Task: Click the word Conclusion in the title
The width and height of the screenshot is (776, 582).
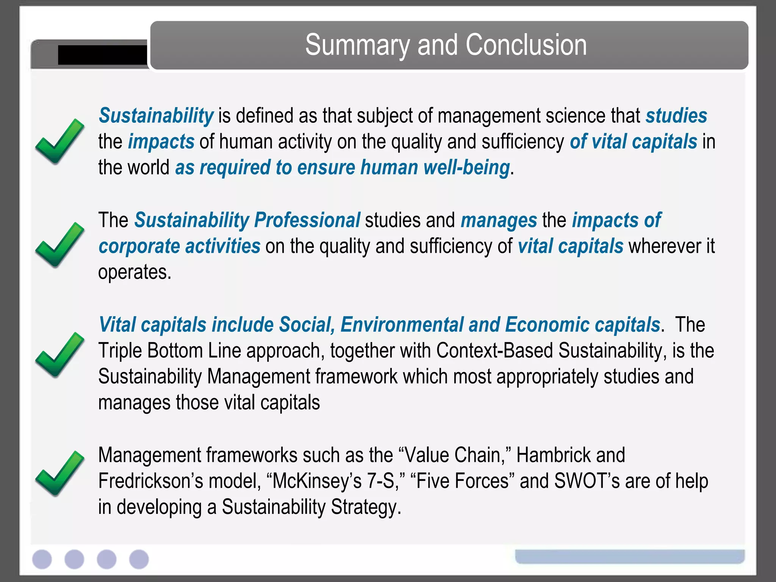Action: coord(526,45)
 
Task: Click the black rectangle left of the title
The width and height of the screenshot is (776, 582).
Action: coord(102,55)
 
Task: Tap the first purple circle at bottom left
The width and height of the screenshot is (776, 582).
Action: coord(42,559)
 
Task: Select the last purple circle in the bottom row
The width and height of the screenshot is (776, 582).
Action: coord(139,559)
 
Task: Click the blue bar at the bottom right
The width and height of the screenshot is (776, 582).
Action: coord(630,556)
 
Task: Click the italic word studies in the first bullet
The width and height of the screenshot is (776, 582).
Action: coord(676,116)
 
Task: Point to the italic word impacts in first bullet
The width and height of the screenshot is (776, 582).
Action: coord(161,142)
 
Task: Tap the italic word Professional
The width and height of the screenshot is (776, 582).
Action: coord(307,220)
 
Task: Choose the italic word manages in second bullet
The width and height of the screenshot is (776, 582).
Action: coord(499,221)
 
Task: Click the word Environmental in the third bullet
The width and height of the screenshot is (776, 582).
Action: coord(402,325)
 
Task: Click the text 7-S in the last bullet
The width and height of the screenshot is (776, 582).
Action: coord(381,481)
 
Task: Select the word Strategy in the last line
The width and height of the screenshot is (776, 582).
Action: coord(365,507)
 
